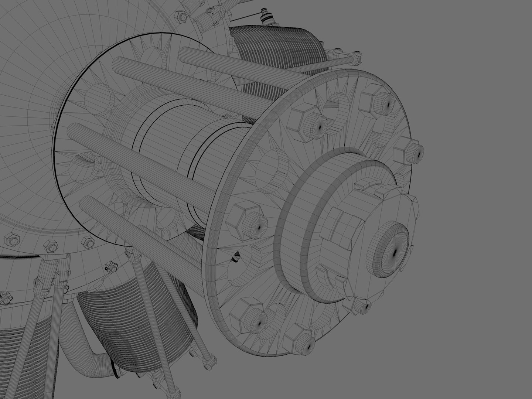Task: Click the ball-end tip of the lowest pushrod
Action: click(210, 358)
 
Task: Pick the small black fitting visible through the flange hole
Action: click(235, 258)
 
